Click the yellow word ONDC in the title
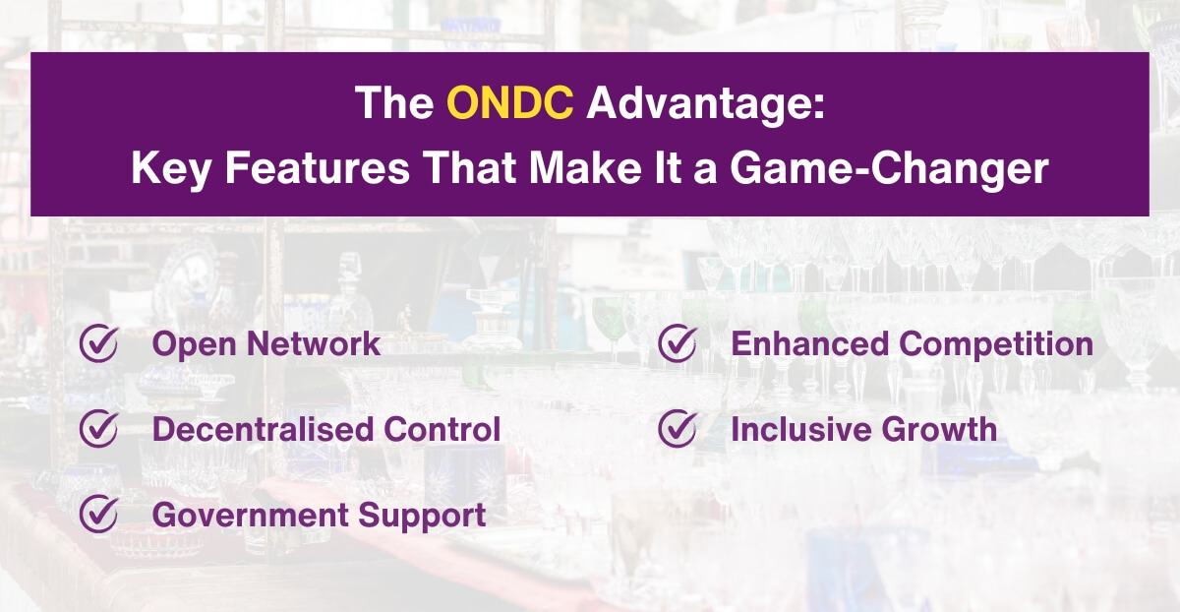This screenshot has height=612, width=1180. coord(509,102)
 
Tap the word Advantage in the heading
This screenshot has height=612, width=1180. coord(705,102)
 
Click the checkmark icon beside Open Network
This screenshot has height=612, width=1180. coord(98,343)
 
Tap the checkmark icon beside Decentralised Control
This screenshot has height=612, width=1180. coord(98,429)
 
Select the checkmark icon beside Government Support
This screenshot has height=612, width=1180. coord(98,515)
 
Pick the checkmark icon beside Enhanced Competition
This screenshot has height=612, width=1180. coord(677,343)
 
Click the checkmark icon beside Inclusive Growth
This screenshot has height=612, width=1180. coord(677,429)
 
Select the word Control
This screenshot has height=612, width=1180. coord(442,429)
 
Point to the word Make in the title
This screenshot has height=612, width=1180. coord(579,168)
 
